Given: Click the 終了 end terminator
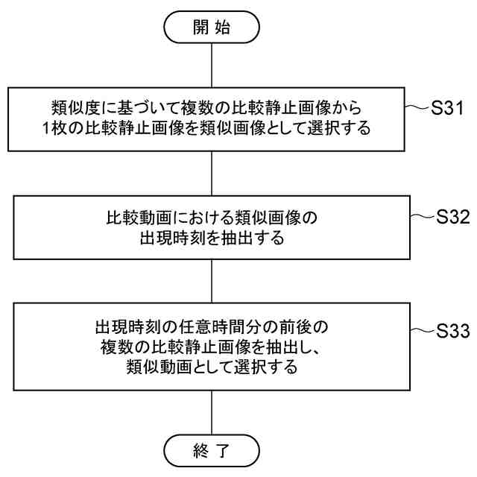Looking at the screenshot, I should point(213,450).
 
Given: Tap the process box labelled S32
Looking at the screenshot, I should point(212,228).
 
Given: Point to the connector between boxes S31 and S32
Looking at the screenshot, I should point(213,174).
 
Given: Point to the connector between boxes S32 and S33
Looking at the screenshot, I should point(213,280).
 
